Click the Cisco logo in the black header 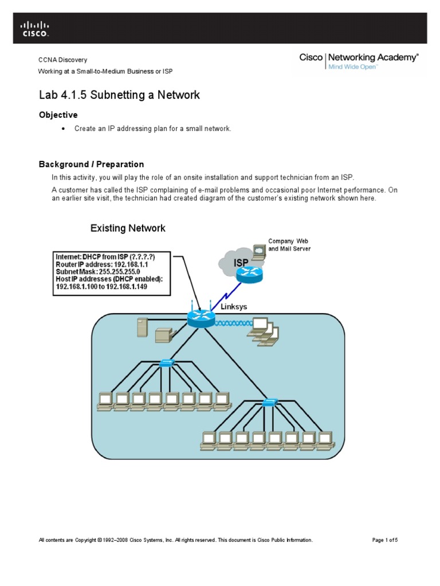click(35, 29)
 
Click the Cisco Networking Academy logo click(359, 61)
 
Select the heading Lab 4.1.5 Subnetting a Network click(119, 95)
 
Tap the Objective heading click(58, 115)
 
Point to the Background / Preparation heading click(91, 164)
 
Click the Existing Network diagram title click(128, 228)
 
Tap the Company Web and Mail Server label click(289, 245)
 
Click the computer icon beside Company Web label click(260, 250)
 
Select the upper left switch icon click(168, 363)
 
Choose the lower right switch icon click(269, 403)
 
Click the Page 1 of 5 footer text click(384, 540)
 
